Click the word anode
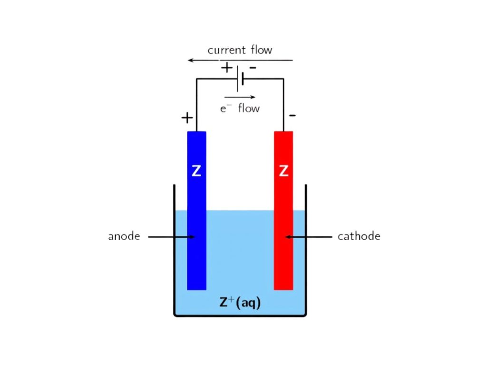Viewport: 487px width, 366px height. (124, 236)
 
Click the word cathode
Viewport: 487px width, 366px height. (359, 236)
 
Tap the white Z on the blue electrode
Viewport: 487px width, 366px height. (196, 171)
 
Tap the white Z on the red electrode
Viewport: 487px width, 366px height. (283, 171)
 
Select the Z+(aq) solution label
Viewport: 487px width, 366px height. (240, 303)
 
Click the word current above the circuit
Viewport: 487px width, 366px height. (226, 50)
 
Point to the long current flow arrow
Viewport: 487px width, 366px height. (240, 61)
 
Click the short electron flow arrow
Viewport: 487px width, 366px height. (240, 97)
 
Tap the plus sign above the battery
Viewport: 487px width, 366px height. (227, 68)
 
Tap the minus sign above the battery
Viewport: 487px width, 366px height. (253, 68)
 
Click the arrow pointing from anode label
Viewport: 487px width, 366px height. (171, 236)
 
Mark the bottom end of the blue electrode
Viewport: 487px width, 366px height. (196, 287)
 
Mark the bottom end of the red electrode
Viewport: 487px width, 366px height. (283, 287)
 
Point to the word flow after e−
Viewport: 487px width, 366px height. (249, 108)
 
